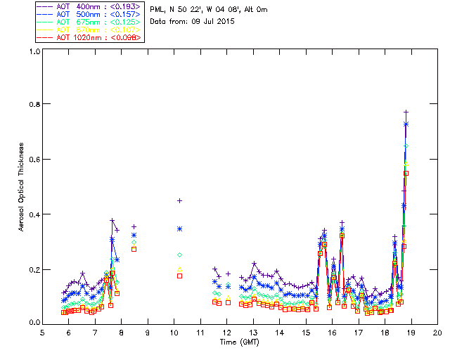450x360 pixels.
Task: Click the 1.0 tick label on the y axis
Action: [34, 51]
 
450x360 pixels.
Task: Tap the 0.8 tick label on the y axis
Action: [34, 104]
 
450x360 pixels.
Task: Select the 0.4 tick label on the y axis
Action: [34, 214]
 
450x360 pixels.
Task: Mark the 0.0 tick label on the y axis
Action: [34, 323]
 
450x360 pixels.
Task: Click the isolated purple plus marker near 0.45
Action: [179, 201]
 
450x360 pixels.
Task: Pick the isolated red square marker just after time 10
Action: [179, 276]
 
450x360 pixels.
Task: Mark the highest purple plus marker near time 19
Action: [406, 112]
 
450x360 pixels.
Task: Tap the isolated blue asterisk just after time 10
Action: [179, 229]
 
